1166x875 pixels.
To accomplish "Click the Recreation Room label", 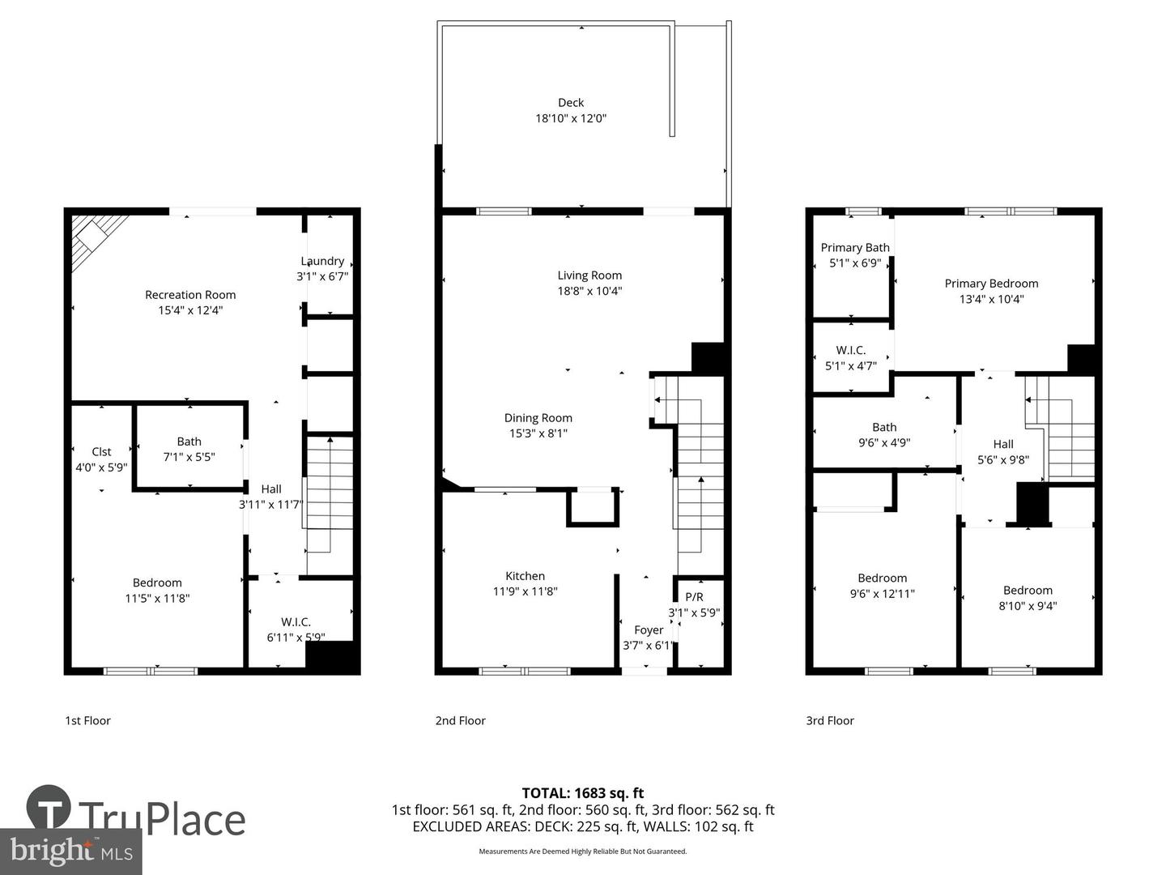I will pyautogui.click(x=190, y=295).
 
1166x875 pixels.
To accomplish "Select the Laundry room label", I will pyautogui.click(x=322, y=261).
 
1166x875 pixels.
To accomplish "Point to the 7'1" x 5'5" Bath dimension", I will pyautogui.click(x=189, y=457).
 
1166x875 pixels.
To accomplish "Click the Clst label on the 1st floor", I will pyautogui.click(x=101, y=451).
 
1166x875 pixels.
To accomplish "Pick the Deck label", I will pyautogui.click(x=571, y=103).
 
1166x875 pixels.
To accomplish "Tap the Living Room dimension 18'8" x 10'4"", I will pyautogui.click(x=589, y=291).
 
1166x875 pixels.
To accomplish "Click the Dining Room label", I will pyautogui.click(x=538, y=418).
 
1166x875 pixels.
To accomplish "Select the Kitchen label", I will pyautogui.click(x=525, y=576).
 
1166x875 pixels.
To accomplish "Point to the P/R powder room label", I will pyautogui.click(x=694, y=597).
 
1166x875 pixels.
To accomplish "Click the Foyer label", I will pyautogui.click(x=649, y=630).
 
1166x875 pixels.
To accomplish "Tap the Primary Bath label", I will pyautogui.click(x=855, y=248).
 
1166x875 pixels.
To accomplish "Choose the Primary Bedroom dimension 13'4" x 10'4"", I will pyautogui.click(x=991, y=299).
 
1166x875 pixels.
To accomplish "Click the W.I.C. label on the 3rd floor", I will pyautogui.click(x=850, y=350).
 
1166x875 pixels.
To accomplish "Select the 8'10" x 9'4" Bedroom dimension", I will pyautogui.click(x=1028, y=606).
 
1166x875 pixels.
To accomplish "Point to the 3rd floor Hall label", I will pyautogui.click(x=1003, y=444).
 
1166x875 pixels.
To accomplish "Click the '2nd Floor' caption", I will pyautogui.click(x=460, y=720).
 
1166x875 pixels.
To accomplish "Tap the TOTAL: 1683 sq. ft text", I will pyautogui.click(x=582, y=793).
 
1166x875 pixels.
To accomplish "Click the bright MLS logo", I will pyautogui.click(x=71, y=851).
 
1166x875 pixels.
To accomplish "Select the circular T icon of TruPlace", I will pyautogui.click(x=49, y=808).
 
